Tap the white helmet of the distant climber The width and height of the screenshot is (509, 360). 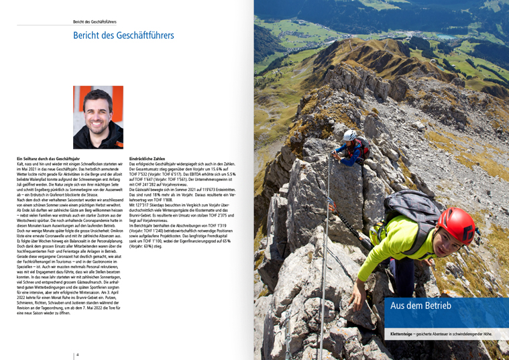[x=350, y=135]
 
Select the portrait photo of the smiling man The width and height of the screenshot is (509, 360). [x=98, y=117]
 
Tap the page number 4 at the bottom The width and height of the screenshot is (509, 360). [x=77, y=354]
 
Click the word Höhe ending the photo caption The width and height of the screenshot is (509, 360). [x=485, y=333]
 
